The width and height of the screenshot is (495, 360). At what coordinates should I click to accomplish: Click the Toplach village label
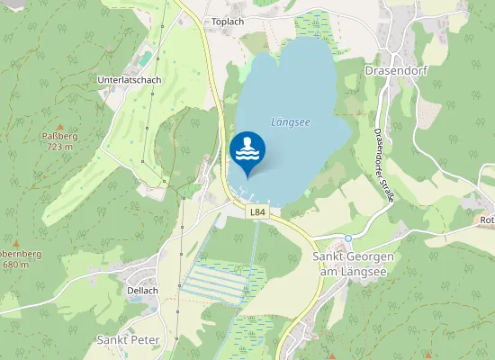(x=229, y=21)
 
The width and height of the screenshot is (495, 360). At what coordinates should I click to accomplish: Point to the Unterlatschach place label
(x=129, y=79)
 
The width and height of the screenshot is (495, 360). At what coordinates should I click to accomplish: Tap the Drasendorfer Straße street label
(x=383, y=166)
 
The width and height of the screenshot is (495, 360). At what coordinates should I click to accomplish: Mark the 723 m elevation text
(x=59, y=147)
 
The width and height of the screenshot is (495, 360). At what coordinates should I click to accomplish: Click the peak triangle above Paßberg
(x=59, y=126)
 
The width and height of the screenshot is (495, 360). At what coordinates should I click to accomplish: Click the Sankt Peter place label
(x=128, y=340)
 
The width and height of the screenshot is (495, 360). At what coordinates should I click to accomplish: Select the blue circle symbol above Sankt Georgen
(x=348, y=238)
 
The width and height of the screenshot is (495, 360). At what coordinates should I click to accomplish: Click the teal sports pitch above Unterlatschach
(x=145, y=59)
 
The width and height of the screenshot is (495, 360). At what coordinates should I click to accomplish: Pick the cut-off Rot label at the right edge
(x=487, y=220)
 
